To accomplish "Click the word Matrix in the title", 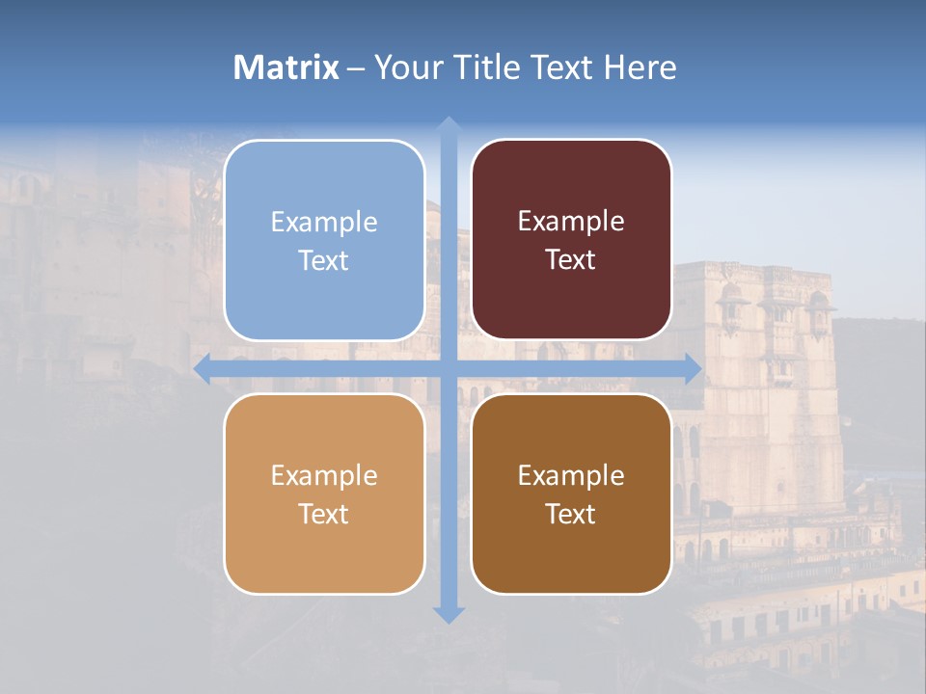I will click(286, 67).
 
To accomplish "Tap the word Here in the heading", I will click(640, 67).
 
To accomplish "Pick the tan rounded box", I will click(324, 554).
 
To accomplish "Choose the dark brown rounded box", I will click(571, 554).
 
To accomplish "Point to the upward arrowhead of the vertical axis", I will click(448, 124).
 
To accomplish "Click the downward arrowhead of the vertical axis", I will click(448, 615).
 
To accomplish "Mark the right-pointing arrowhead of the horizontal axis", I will click(693, 368).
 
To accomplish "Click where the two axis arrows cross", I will click(448, 368).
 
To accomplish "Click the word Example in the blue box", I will click(324, 223).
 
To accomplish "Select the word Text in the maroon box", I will click(571, 260).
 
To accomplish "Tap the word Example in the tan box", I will click(324, 476).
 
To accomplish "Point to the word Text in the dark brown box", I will click(571, 515).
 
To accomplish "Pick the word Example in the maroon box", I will click(571, 222).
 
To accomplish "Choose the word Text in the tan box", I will click(324, 515).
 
